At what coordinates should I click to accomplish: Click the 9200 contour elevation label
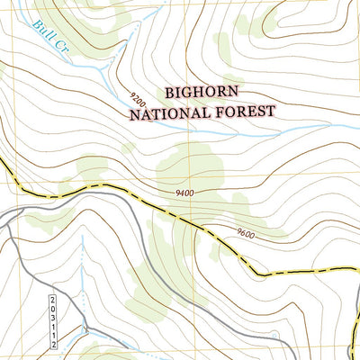pyautogui.click(x=138, y=95)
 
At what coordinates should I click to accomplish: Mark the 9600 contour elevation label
pyautogui.click(x=247, y=233)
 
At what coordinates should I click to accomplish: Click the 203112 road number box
pyautogui.click(x=53, y=319)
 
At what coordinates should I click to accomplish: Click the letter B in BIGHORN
pyautogui.click(x=170, y=94)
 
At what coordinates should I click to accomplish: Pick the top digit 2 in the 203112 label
pyautogui.click(x=53, y=298)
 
